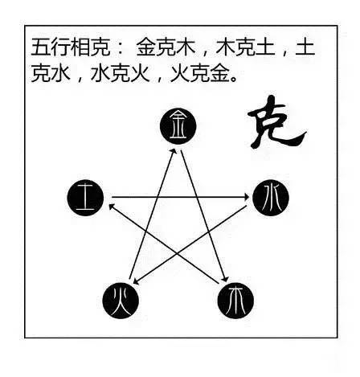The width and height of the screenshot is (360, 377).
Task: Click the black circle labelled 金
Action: pyautogui.click(x=178, y=126)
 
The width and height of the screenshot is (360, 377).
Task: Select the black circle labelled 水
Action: pyautogui.click(x=271, y=198)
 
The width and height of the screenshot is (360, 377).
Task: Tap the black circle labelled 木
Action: pyautogui.click(x=235, y=301)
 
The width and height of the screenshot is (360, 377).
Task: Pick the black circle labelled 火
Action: pyautogui.click(x=121, y=301)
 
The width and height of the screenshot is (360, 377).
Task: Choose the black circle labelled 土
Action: pyautogui.click(x=85, y=198)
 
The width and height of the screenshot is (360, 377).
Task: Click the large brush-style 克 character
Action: pyautogui.click(x=276, y=123)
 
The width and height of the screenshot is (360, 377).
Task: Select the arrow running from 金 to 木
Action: pyautogui.click(x=204, y=216)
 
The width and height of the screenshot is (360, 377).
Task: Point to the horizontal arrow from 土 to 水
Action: pyautogui.click(x=181, y=198)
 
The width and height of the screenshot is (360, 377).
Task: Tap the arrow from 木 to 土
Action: pyautogui.click(x=164, y=244)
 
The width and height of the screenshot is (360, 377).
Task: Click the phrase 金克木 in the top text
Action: pyautogui.click(x=166, y=47)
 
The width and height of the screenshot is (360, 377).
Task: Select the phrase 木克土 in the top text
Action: pyautogui.click(x=245, y=47)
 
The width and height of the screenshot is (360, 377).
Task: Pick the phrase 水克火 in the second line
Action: pyautogui.click(x=121, y=73)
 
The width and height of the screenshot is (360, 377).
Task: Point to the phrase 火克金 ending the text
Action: pyautogui.click(x=200, y=73)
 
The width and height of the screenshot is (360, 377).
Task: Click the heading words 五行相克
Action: pyautogui.click(x=71, y=47)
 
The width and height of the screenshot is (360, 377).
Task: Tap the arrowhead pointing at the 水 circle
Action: pyautogui.click(x=247, y=198)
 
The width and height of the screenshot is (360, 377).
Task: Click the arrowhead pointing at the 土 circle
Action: pyautogui.click(x=111, y=207)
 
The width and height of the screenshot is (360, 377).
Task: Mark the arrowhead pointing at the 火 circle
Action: pyautogui.click(x=136, y=282)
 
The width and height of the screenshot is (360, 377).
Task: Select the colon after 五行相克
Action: pyautogui.click(x=120, y=48)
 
